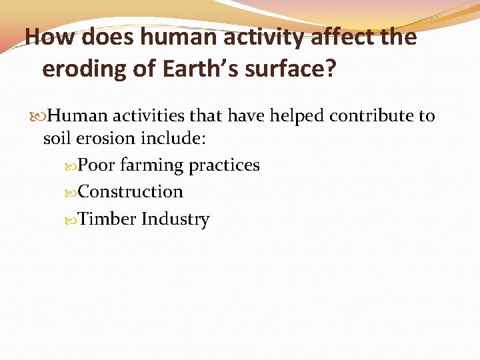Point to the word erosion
tap(100, 138)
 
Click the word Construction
tap(131, 192)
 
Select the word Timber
tap(107, 219)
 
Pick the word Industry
tap(175, 219)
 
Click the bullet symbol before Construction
tap(71, 193)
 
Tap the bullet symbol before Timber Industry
tap(71, 219)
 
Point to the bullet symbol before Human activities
tap(41, 117)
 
